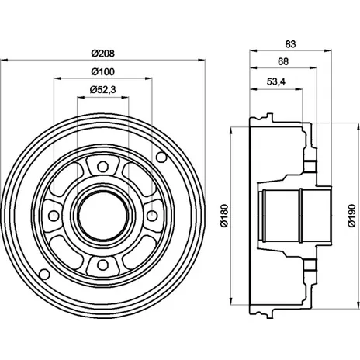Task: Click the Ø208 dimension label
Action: tap(102, 54)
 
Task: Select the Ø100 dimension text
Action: tap(102, 71)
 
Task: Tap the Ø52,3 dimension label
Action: tap(102, 90)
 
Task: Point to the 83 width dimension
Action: tap(290, 44)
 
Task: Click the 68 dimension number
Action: tap(283, 61)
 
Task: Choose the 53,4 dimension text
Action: tap(276, 81)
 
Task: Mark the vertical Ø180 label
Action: tap(224, 216)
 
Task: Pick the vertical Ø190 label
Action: tap(352, 216)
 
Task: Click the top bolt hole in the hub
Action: tap(102, 167)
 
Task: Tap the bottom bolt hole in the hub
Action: tap(102, 265)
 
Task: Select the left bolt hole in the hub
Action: tap(54, 216)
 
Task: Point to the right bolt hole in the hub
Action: tap(152, 216)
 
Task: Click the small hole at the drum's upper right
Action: tap(161, 157)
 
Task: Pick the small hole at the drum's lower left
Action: tap(44, 274)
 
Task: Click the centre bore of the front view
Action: tap(102, 216)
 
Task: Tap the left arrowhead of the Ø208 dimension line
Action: tap(5, 61)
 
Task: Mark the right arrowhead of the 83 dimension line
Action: tap(327, 51)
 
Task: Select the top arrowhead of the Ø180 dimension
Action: tap(231, 130)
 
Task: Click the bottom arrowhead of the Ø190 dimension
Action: tap(358, 305)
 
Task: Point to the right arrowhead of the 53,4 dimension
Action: tap(299, 89)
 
